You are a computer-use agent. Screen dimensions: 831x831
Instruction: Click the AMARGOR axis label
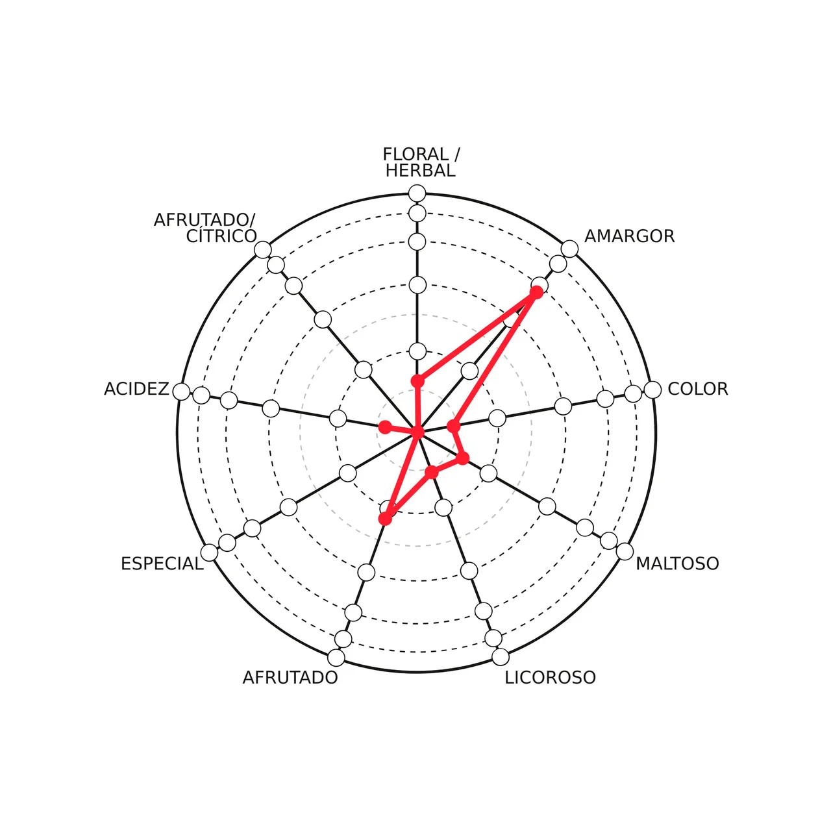[629, 236]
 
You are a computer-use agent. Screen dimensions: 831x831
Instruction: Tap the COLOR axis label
[698, 389]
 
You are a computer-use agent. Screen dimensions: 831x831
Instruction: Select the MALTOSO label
[677, 564]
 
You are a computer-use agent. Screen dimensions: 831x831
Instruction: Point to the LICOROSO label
[551, 678]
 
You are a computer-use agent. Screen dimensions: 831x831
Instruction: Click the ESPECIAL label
[162, 564]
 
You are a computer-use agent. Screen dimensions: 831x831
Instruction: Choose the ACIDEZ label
[137, 389]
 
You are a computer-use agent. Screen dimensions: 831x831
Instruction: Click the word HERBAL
[421, 171]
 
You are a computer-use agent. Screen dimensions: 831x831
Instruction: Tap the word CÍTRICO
[221, 236]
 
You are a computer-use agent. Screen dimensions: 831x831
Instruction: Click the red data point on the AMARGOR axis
[536, 292]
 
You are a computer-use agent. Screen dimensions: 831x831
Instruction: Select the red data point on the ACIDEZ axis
[385, 427]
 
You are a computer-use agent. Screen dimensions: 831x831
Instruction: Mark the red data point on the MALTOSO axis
[462, 458]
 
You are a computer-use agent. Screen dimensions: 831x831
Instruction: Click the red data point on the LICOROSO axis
[431, 472]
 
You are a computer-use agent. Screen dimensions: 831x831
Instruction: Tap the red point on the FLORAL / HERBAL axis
[417, 381]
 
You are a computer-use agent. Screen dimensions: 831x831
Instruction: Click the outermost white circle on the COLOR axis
[652, 390]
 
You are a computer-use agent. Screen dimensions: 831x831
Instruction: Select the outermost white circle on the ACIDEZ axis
[182, 392]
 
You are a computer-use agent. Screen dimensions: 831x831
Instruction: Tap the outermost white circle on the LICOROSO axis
[501, 657]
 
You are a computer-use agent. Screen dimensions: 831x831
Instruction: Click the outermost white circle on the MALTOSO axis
[625, 552]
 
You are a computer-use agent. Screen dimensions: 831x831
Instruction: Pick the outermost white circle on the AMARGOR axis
[569, 249]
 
